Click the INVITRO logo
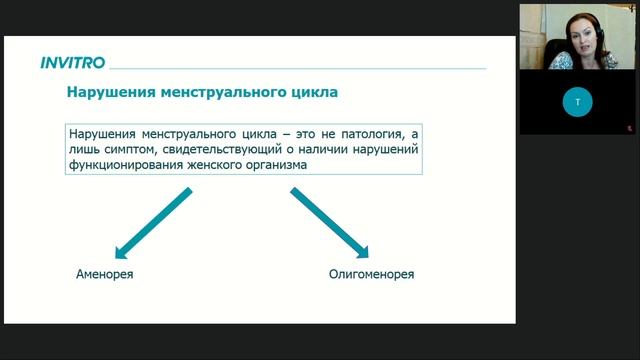(72, 62)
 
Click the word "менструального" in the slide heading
(208, 93)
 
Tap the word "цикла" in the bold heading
(308, 93)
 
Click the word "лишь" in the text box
(82, 149)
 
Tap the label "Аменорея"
(104, 274)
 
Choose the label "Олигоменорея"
(371, 274)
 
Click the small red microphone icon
(630, 128)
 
